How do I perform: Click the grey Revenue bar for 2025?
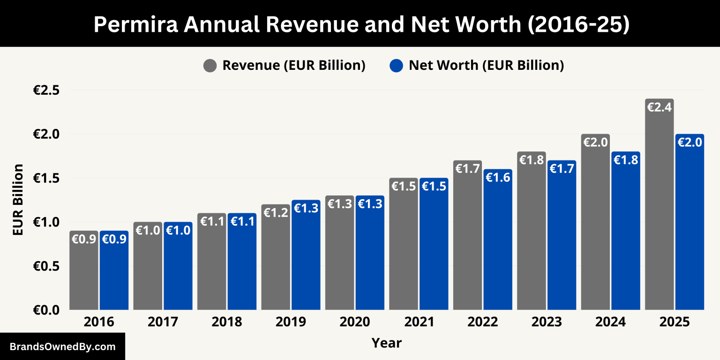point(659,206)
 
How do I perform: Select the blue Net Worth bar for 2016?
point(114,272)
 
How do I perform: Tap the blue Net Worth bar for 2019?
point(306,258)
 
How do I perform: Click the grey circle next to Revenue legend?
point(210,66)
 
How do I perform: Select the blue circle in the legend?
point(396,66)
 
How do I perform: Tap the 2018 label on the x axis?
point(227,322)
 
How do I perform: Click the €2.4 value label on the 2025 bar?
point(659,107)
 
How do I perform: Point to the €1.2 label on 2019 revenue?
point(276,212)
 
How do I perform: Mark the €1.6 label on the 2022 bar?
point(498,177)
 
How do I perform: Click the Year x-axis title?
point(387,343)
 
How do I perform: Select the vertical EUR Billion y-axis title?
point(18,200)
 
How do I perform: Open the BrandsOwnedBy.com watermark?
point(62,347)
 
